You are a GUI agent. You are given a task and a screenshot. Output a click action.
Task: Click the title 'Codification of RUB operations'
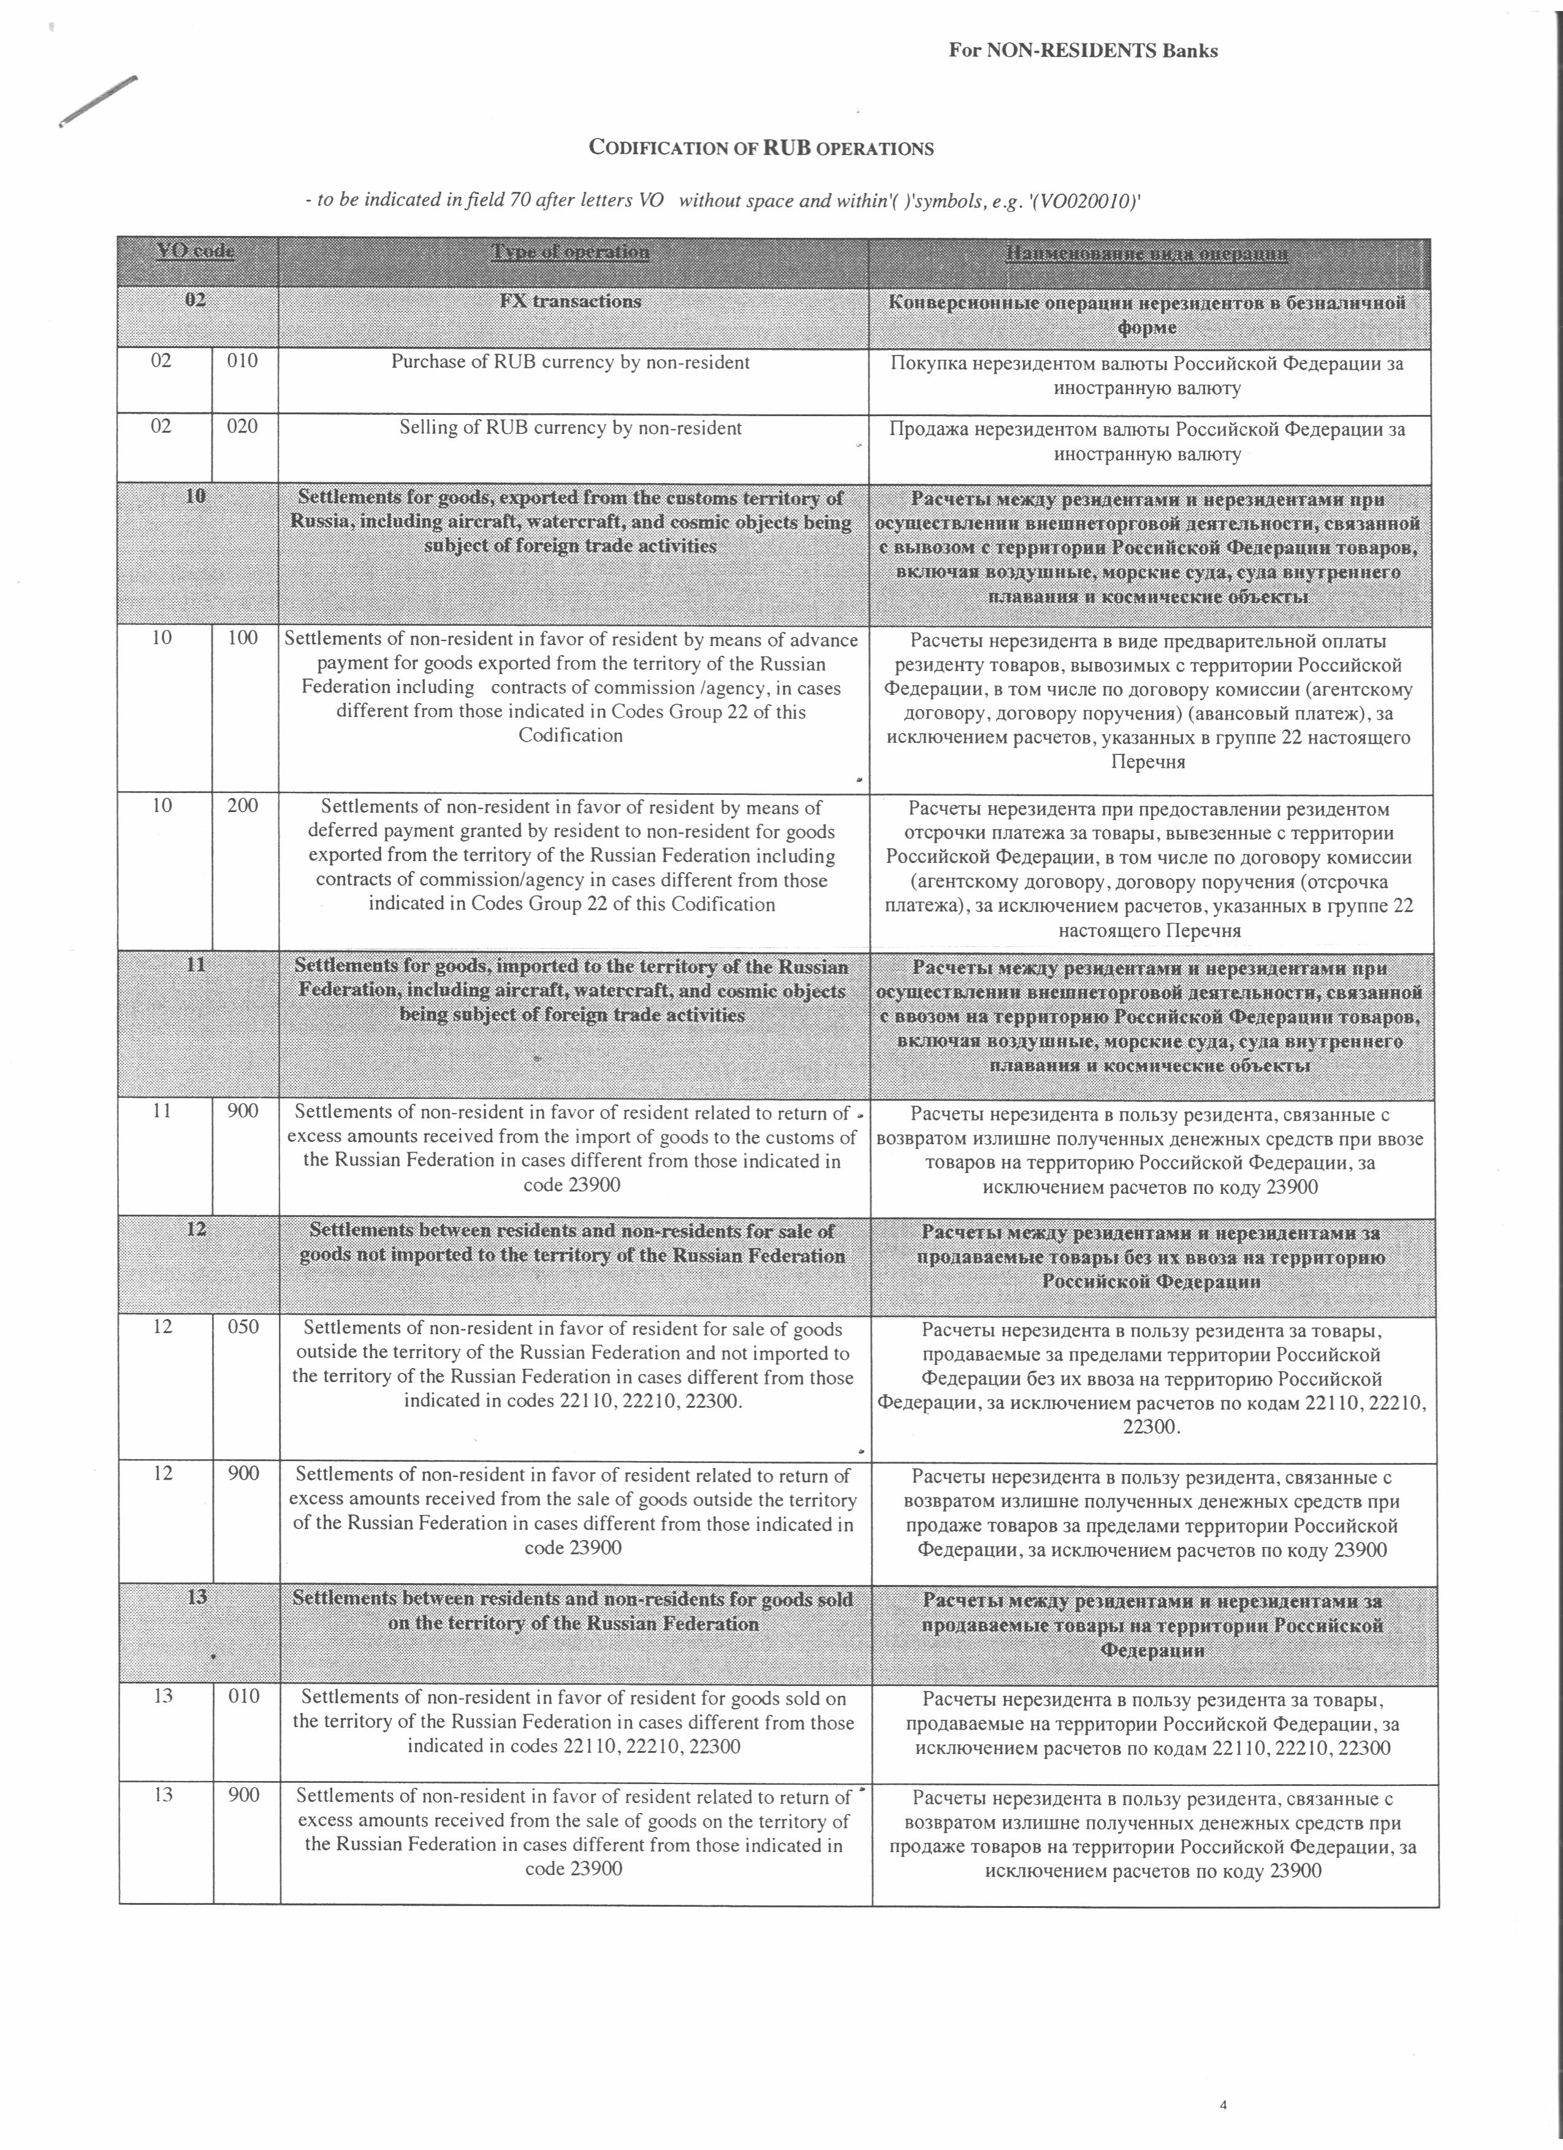coord(761,148)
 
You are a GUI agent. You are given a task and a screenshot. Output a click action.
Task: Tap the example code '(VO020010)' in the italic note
coord(1089,201)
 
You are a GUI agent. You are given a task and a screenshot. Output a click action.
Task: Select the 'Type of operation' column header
coord(571,252)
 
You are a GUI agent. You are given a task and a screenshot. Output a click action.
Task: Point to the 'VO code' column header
coord(196,251)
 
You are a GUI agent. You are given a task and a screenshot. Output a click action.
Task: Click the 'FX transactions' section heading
coord(571,302)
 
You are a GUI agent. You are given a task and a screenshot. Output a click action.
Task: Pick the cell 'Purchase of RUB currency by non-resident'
coord(571,362)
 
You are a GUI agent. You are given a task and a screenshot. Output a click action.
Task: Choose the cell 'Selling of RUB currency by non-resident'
coord(571,428)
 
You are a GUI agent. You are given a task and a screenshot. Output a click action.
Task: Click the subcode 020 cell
coord(243,427)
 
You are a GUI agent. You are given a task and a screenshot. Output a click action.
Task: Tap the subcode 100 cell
coord(243,638)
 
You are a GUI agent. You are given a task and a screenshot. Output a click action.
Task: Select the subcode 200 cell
coord(243,806)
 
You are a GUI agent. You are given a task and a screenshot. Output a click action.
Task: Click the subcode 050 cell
coord(243,1327)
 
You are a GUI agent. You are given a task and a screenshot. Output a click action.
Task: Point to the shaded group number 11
coord(196,965)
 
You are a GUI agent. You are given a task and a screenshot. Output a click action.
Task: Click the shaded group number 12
coord(196,1229)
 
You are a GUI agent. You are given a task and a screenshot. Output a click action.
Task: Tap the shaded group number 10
coord(196,496)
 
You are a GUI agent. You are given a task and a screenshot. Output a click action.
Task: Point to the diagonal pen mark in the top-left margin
coord(97,101)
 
